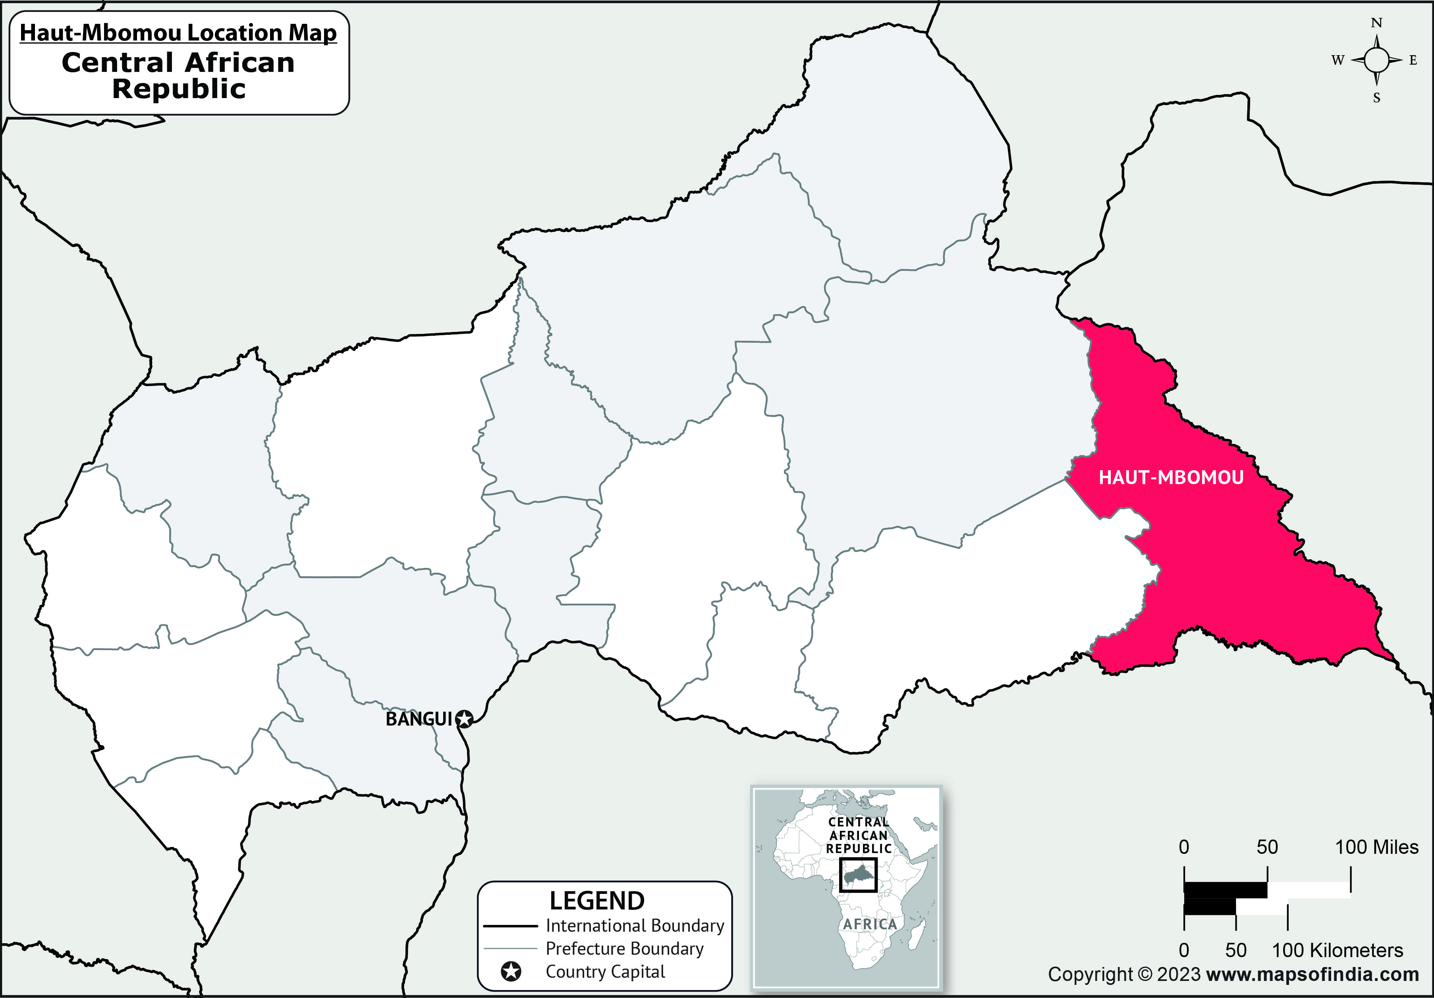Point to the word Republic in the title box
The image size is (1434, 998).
pyautogui.click(x=179, y=89)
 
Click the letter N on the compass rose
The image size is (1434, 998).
pyautogui.click(x=1376, y=23)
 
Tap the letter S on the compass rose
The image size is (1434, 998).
pyautogui.click(x=1376, y=98)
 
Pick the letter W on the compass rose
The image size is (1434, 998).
pyautogui.click(x=1337, y=61)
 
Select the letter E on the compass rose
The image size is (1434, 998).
pyautogui.click(x=1413, y=61)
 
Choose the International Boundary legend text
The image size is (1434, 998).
pyautogui.click(x=635, y=926)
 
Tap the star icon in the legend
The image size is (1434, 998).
pyautogui.click(x=511, y=972)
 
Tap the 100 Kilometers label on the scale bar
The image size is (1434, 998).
pyautogui.click(x=1337, y=950)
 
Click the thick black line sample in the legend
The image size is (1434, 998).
pyautogui.click(x=510, y=926)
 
